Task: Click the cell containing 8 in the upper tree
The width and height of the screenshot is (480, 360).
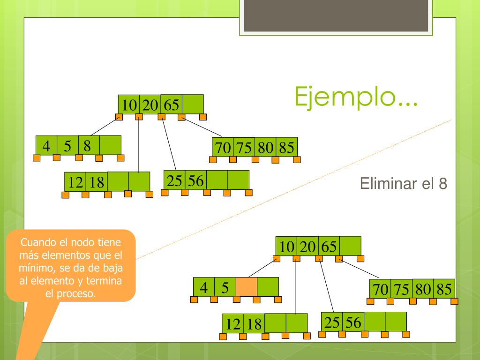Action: click(89, 145)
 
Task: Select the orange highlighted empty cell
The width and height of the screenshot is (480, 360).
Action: click(246, 287)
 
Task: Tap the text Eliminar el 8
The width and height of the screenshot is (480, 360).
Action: click(404, 184)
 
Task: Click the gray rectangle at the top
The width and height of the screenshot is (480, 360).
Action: click(336, 15)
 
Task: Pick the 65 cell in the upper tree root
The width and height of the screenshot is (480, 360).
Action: click(171, 105)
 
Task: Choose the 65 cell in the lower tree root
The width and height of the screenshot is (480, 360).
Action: click(329, 246)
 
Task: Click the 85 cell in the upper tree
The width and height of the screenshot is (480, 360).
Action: click(286, 148)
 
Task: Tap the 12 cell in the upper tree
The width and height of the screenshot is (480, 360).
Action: click(75, 182)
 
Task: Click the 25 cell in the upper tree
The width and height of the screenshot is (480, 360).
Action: click(175, 180)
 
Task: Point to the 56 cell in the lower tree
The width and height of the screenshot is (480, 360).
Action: click(353, 322)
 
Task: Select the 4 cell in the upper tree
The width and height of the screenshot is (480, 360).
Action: click(46, 145)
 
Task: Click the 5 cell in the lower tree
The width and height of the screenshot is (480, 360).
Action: click(225, 287)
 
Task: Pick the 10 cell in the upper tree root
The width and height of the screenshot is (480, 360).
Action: click(129, 105)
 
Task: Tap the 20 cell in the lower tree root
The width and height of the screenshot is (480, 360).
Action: click(307, 246)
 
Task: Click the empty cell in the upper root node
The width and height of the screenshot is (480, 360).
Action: click(193, 104)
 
